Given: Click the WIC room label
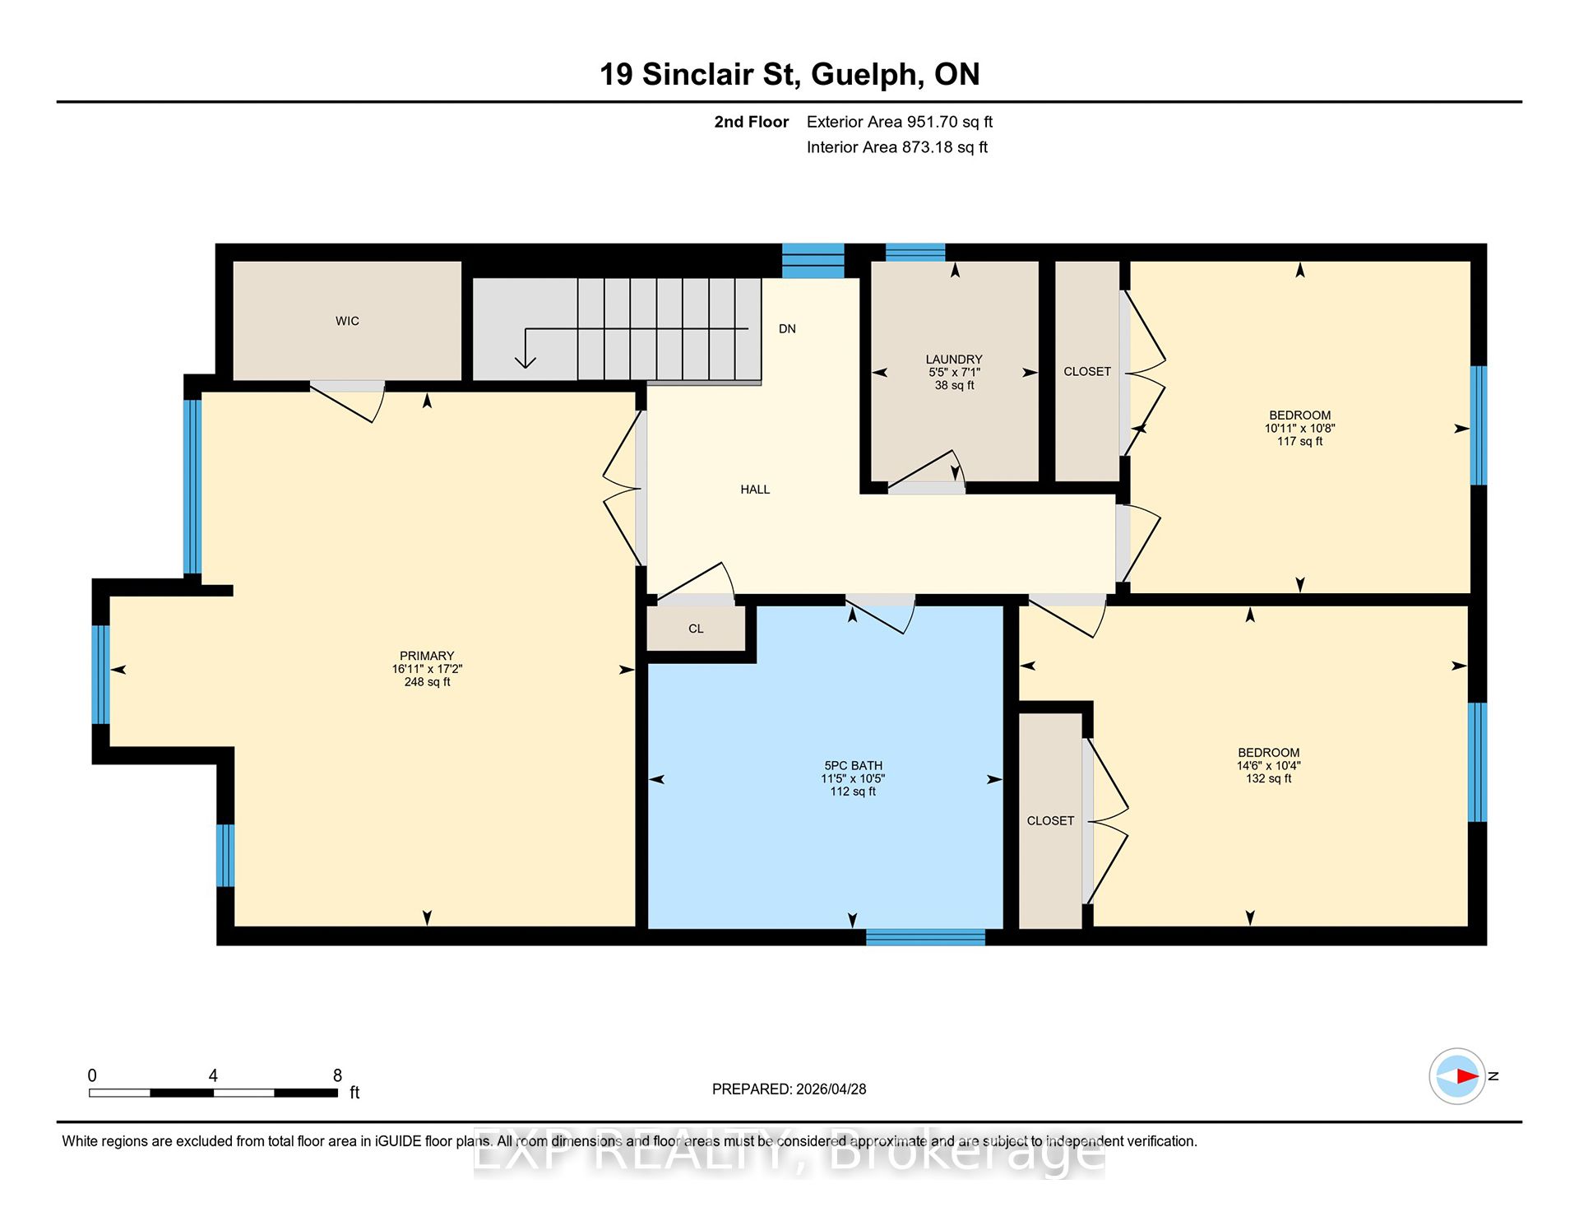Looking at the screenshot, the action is point(347,321).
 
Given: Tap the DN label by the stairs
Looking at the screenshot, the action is point(787,329).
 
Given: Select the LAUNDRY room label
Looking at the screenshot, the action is point(954,360).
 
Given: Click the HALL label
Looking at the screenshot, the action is point(755,490).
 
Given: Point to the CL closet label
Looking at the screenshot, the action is point(696,629).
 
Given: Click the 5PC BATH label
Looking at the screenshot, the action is point(853,766).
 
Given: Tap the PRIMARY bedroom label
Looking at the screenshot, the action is point(427,657).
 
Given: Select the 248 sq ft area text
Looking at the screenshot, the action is point(427,682).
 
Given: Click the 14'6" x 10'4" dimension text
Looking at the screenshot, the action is point(1269,766).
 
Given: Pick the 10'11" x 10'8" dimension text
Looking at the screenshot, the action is point(1299,429).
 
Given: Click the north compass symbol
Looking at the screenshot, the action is point(1457,1076).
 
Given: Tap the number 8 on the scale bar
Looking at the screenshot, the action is point(337,1075).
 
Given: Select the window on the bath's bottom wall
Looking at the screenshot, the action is point(925,937).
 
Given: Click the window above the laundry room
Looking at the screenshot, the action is point(915,253).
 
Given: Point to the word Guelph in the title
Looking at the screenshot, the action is point(867,76).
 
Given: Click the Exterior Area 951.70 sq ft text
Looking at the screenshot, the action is point(900,123).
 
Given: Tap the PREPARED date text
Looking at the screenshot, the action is point(789,1089).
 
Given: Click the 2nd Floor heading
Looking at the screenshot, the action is point(751,123).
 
